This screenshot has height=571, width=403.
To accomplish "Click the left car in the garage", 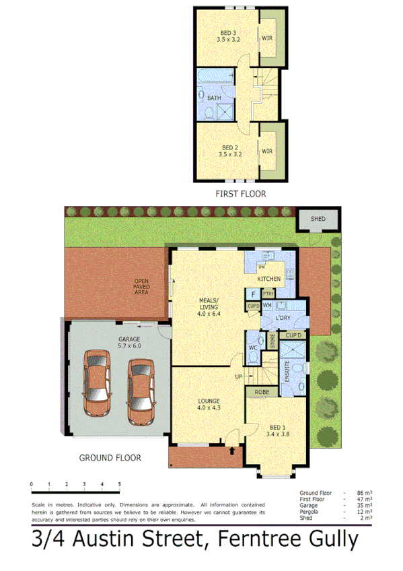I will point(96,384).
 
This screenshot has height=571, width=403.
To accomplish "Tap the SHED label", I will point(318,219).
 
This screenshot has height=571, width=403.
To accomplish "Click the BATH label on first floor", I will point(214,98).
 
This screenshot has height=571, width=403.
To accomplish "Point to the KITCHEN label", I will point(269,279).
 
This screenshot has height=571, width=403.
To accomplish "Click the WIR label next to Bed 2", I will point(267,152).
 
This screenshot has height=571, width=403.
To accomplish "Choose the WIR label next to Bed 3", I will point(267,38).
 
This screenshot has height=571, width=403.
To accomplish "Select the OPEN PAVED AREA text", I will point(142,288).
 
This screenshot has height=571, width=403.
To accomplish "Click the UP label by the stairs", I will point(237,376).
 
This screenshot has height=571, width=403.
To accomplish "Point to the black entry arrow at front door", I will point(232,450).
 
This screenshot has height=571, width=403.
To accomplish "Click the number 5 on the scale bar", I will point(119,484).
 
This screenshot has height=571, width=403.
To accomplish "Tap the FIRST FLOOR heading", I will point(240,194).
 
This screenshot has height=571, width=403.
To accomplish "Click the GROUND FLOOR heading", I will point(110,458).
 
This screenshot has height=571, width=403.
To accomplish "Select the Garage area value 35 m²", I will point(363,504).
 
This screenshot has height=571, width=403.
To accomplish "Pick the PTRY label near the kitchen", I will point(268,294).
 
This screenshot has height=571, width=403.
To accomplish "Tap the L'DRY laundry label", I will point(283,318).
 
